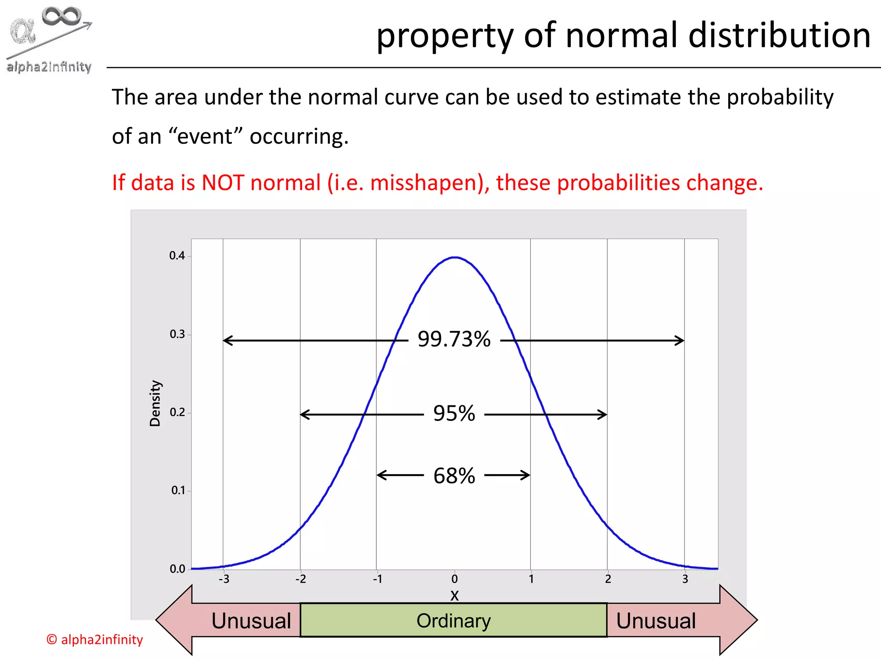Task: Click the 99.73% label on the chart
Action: point(454,339)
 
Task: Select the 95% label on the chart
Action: point(454,414)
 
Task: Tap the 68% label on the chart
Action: point(454,476)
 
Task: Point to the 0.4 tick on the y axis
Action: point(177,256)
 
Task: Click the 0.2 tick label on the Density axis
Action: point(177,412)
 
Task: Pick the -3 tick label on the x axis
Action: point(224,579)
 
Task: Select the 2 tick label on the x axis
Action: point(608,579)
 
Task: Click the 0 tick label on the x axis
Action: point(454,579)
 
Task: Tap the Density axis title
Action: point(155,403)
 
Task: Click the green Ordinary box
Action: point(453,620)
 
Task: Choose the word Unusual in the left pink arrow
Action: point(251,621)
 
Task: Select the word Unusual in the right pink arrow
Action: point(656,621)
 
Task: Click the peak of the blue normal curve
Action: point(455,257)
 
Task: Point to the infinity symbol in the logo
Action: point(62,16)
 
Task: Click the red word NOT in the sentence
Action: point(223,182)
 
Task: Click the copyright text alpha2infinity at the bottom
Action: point(95,639)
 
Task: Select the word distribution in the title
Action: point(779,35)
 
